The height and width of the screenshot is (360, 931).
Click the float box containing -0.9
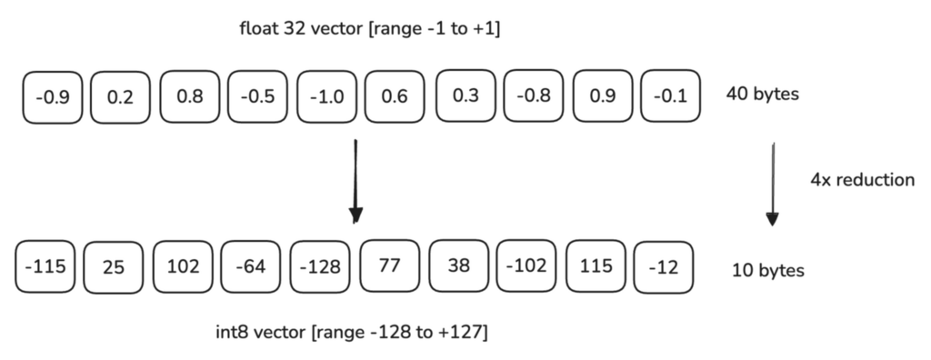[52, 95]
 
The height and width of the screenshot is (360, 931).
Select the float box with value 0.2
[120, 95]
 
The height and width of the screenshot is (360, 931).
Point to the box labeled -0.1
[671, 95]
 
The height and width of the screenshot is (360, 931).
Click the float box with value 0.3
[465, 95]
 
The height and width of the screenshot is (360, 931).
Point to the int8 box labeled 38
[458, 267]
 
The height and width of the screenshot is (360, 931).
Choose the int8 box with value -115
[45, 267]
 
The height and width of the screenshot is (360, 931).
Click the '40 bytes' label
[763, 94]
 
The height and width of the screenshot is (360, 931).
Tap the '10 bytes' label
[768, 270]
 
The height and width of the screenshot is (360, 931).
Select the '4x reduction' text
[862, 180]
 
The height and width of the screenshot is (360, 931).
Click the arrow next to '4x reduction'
[772, 182]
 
